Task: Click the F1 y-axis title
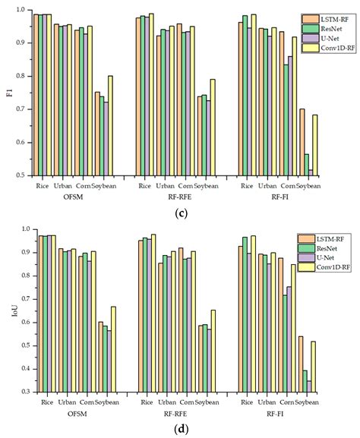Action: (x=10, y=93)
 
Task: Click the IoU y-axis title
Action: (x=9, y=310)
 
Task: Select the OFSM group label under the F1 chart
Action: (x=74, y=197)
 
